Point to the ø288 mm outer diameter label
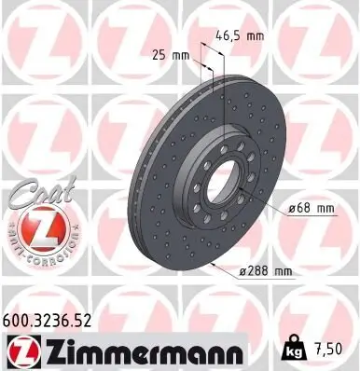(x=264, y=271)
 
